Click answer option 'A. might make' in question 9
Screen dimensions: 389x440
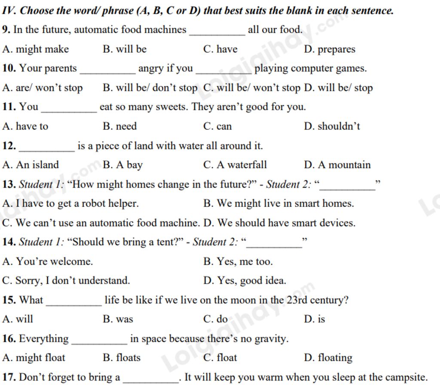point(36,49)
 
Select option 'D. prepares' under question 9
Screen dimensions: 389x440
point(330,49)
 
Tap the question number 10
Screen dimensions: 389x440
point(9,68)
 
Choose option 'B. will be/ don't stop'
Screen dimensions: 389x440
point(150,88)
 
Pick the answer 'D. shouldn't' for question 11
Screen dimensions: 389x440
point(332,126)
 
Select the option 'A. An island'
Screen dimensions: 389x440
point(31,165)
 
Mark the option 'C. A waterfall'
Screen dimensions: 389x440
point(235,165)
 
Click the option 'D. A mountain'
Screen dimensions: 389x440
point(337,165)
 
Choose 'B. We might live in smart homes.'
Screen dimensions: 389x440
point(278,204)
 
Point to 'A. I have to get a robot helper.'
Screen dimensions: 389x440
point(70,204)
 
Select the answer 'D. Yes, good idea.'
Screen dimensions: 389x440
point(244,281)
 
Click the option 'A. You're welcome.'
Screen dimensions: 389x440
point(47,261)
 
